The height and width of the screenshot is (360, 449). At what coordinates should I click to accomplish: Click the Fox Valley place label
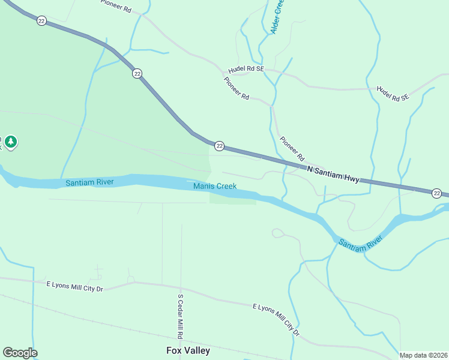click(x=188, y=350)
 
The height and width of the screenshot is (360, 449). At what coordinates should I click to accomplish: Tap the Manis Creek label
click(x=215, y=187)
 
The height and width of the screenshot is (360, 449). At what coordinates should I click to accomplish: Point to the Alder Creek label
click(x=277, y=16)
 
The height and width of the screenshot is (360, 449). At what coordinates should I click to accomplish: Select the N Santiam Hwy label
click(x=333, y=174)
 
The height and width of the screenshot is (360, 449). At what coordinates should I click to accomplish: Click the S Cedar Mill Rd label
click(x=180, y=315)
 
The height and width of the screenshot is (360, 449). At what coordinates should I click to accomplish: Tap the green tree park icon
click(x=11, y=142)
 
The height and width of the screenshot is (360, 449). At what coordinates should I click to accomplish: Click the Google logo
click(x=20, y=353)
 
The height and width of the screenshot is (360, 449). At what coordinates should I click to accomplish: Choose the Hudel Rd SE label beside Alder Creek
click(x=246, y=69)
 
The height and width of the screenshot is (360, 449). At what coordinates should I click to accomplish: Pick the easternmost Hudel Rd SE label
click(x=393, y=93)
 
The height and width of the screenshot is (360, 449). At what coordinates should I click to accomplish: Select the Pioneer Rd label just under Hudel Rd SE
click(x=237, y=88)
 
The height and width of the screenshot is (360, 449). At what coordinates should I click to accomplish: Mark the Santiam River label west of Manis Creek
click(x=90, y=182)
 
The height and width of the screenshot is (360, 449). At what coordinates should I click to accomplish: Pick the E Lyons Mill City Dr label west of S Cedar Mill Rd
click(x=75, y=286)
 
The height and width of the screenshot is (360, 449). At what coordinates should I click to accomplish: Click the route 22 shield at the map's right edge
click(x=437, y=193)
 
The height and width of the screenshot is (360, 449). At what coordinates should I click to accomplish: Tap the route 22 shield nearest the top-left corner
click(x=41, y=20)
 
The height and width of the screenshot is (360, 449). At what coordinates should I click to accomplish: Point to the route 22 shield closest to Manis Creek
click(x=220, y=146)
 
